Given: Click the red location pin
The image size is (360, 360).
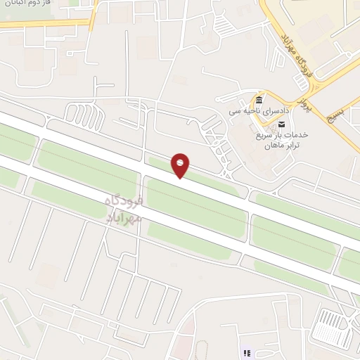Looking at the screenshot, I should point(181,165).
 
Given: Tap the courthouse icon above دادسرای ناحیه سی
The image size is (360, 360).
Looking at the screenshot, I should point(259,100).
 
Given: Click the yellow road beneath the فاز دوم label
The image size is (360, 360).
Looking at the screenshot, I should point(42,24).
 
